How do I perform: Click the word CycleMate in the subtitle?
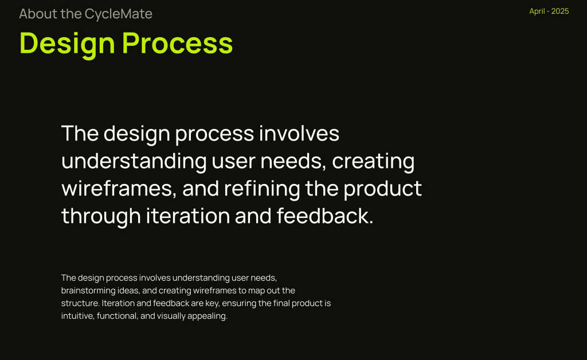pyautogui.click(x=118, y=14)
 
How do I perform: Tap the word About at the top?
pyautogui.click(x=38, y=14)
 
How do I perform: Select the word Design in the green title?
pyautogui.click(x=67, y=44)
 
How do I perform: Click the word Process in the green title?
pyautogui.click(x=178, y=43)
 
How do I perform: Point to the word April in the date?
pyautogui.click(x=537, y=11)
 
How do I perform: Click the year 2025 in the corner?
pyautogui.click(x=560, y=11)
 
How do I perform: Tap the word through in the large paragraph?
pyautogui.click(x=101, y=217)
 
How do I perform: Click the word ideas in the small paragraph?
pyautogui.click(x=128, y=291)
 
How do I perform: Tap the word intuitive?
pyautogui.click(x=77, y=316)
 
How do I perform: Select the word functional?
pyautogui.click(x=117, y=316)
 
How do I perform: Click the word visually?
pyautogui.click(x=171, y=316)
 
